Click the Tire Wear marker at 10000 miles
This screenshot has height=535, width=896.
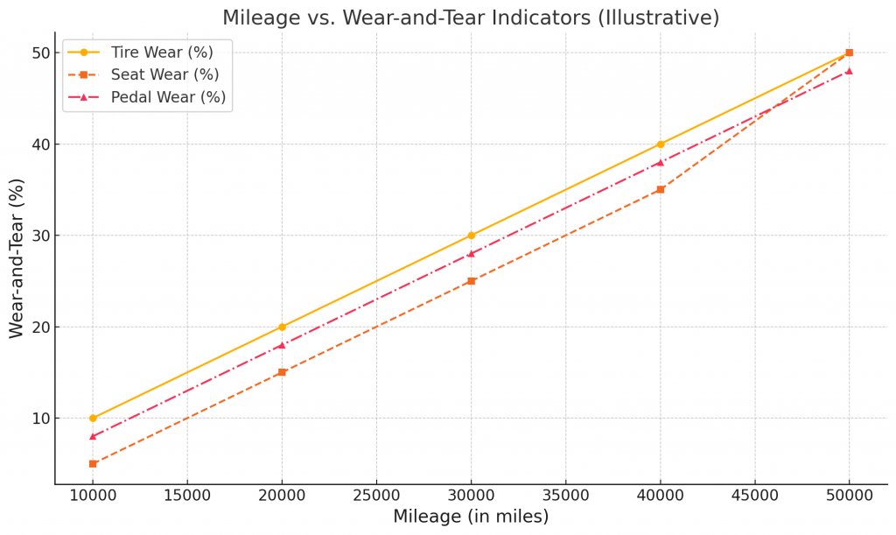(93, 419)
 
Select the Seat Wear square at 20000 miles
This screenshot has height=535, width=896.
(282, 372)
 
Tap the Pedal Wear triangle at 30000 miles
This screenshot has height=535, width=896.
(471, 254)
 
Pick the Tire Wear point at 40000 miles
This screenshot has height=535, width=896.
(660, 144)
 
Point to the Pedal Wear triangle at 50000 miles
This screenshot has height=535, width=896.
(849, 71)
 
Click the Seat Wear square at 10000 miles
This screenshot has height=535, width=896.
(93, 463)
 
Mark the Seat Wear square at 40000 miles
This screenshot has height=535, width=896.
(660, 189)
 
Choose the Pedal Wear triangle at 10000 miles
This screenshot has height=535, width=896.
(93, 436)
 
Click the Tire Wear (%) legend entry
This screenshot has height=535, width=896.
(162, 53)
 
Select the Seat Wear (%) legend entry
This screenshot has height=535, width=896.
(164, 75)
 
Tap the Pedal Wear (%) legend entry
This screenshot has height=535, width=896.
(168, 97)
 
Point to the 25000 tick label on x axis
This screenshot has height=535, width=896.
(376, 495)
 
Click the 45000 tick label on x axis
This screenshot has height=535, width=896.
(754, 495)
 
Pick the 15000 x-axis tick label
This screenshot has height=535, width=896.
(187, 495)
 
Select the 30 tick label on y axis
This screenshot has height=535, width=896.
(39, 236)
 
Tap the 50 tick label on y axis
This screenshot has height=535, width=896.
(39, 53)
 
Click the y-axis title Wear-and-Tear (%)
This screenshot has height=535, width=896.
(17, 258)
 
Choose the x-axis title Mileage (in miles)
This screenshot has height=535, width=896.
(471, 517)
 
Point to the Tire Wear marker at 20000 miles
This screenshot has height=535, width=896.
(282, 327)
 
